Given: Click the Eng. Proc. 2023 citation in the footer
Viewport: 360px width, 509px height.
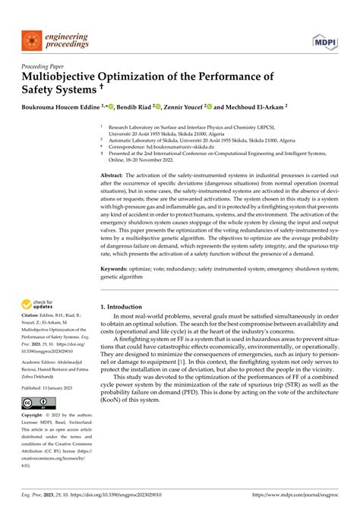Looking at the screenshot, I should point(46,491).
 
